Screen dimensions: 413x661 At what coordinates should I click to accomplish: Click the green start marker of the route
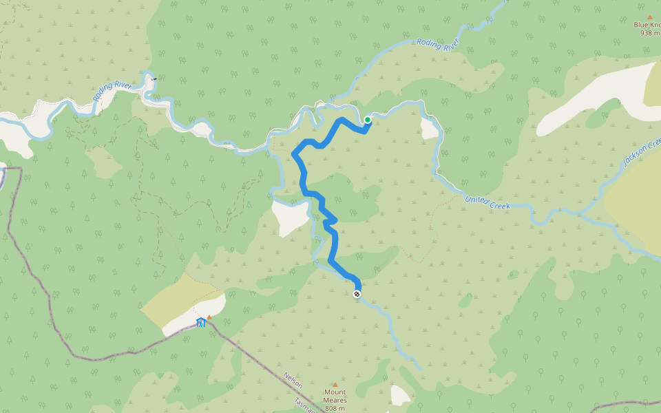368,120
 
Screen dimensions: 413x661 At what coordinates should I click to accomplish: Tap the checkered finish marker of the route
357,295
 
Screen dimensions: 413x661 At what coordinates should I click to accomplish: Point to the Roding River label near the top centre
438,45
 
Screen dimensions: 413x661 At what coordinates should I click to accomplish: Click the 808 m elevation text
335,407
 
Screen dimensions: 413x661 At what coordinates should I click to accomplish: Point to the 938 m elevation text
650,32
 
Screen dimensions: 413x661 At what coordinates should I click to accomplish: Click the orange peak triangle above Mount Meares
335,385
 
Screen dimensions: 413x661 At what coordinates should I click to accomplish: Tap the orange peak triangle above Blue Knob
649,17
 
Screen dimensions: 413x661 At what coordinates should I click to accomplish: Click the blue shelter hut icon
200,322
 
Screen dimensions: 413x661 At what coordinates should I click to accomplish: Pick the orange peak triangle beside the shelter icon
209,317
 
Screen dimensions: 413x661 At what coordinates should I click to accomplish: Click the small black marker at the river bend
154,79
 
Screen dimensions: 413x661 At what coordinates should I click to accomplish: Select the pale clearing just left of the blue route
289,215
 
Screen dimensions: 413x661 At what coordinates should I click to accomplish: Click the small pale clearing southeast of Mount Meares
400,395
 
